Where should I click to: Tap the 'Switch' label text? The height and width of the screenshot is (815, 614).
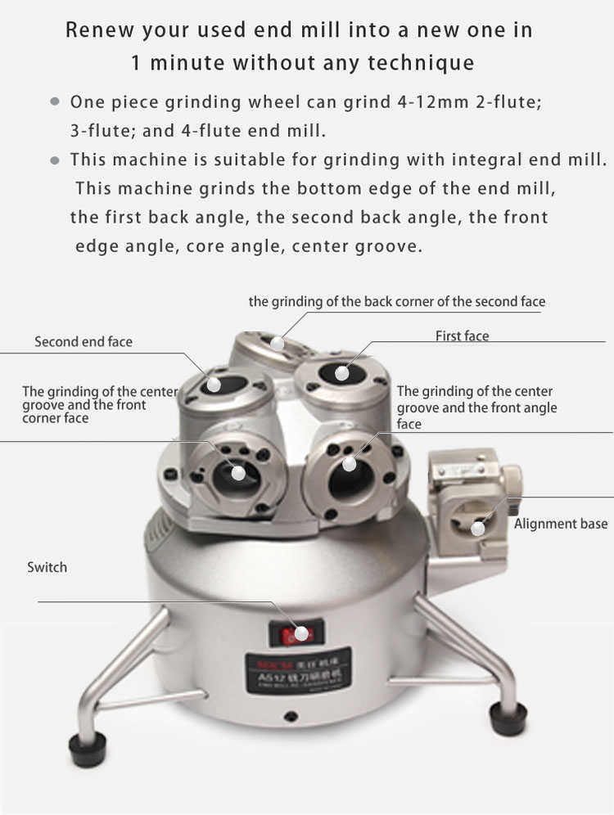point(47,567)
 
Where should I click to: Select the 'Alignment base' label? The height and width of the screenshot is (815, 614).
point(560,524)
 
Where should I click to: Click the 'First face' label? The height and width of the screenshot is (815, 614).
point(462,336)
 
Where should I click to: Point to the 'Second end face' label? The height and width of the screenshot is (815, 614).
point(83,342)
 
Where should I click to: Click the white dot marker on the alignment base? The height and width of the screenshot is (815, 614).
point(477,529)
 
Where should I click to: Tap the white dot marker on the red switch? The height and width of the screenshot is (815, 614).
point(302,633)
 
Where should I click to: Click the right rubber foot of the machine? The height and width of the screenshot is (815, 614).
point(508,718)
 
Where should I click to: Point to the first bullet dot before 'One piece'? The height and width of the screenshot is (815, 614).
point(55,102)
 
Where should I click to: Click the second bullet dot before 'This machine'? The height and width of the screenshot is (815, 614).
point(55,160)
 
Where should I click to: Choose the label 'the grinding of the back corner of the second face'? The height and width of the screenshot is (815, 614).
point(396,302)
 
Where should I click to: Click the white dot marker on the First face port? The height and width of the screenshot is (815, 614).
point(341,374)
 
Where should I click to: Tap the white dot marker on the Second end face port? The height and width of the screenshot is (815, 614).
point(214,383)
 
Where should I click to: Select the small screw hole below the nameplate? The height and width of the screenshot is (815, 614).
point(291,715)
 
